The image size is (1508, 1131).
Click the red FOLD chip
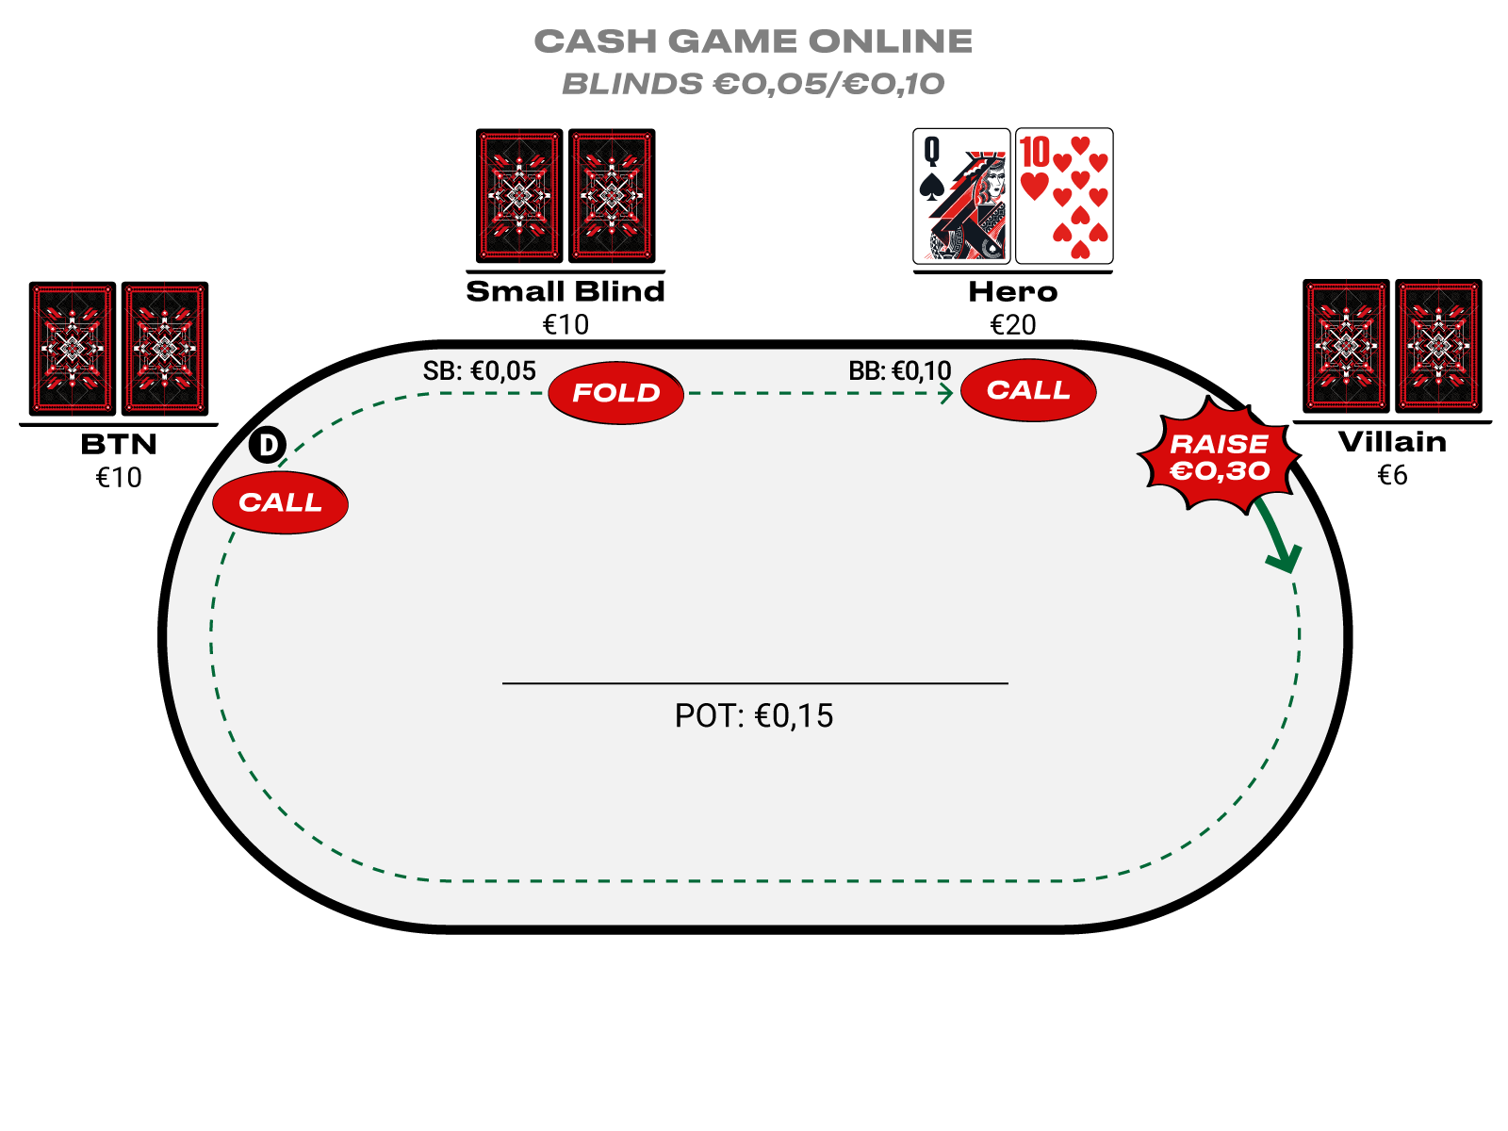tap(616, 393)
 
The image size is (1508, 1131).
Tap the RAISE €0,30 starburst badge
tap(1220, 457)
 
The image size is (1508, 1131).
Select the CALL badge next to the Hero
tap(1028, 390)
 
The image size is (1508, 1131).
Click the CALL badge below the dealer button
tap(280, 502)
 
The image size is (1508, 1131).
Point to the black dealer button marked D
tap(268, 445)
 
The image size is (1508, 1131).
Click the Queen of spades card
tap(961, 196)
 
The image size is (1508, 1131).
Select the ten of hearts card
tap(1064, 196)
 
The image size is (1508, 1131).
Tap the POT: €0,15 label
tap(754, 716)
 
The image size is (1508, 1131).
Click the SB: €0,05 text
tap(479, 371)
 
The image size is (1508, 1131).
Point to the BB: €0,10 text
tap(900, 371)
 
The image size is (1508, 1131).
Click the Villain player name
tap(1392, 442)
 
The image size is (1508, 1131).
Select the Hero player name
tap(1013, 292)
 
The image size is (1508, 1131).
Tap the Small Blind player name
tap(565, 292)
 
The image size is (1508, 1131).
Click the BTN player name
tap(119, 444)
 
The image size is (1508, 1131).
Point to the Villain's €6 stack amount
tap(1392, 475)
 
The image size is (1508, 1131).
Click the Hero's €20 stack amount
tap(1013, 325)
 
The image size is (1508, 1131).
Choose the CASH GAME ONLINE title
tap(754, 41)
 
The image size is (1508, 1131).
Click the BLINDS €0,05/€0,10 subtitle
tap(754, 84)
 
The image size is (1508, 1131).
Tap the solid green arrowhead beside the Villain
tap(1284, 558)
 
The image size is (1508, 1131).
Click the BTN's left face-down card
tap(73, 349)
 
